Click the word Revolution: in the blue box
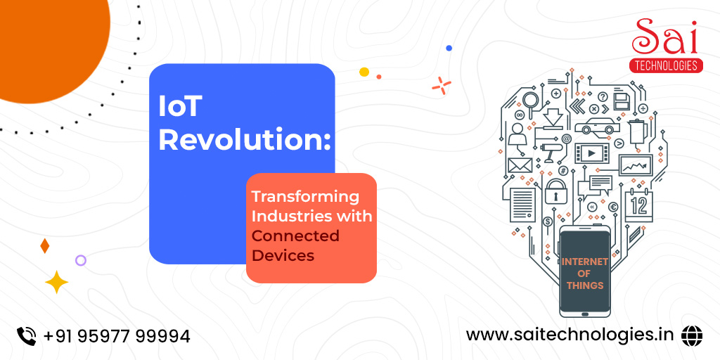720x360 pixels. pyautogui.click(x=245, y=140)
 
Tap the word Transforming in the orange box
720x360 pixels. pyautogui.click(x=305, y=197)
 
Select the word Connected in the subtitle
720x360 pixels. pyautogui.click(x=295, y=236)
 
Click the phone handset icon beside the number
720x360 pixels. pyautogui.click(x=26, y=335)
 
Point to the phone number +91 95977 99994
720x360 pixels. pyautogui.click(x=117, y=336)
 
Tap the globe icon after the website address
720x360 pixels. pyautogui.click(x=692, y=335)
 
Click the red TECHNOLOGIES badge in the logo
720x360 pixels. pyautogui.click(x=666, y=65)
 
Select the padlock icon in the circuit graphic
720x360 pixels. pyautogui.click(x=556, y=191)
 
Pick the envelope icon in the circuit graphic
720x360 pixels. pyautogui.click(x=520, y=165)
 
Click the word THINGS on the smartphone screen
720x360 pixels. pyautogui.click(x=584, y=285)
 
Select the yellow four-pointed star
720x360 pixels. pyautogui.click(x=56, y=282)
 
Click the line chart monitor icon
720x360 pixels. pyautogui.click(x=636, y=165)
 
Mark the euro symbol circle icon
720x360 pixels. pyautogui.click(x=612, y=207)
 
